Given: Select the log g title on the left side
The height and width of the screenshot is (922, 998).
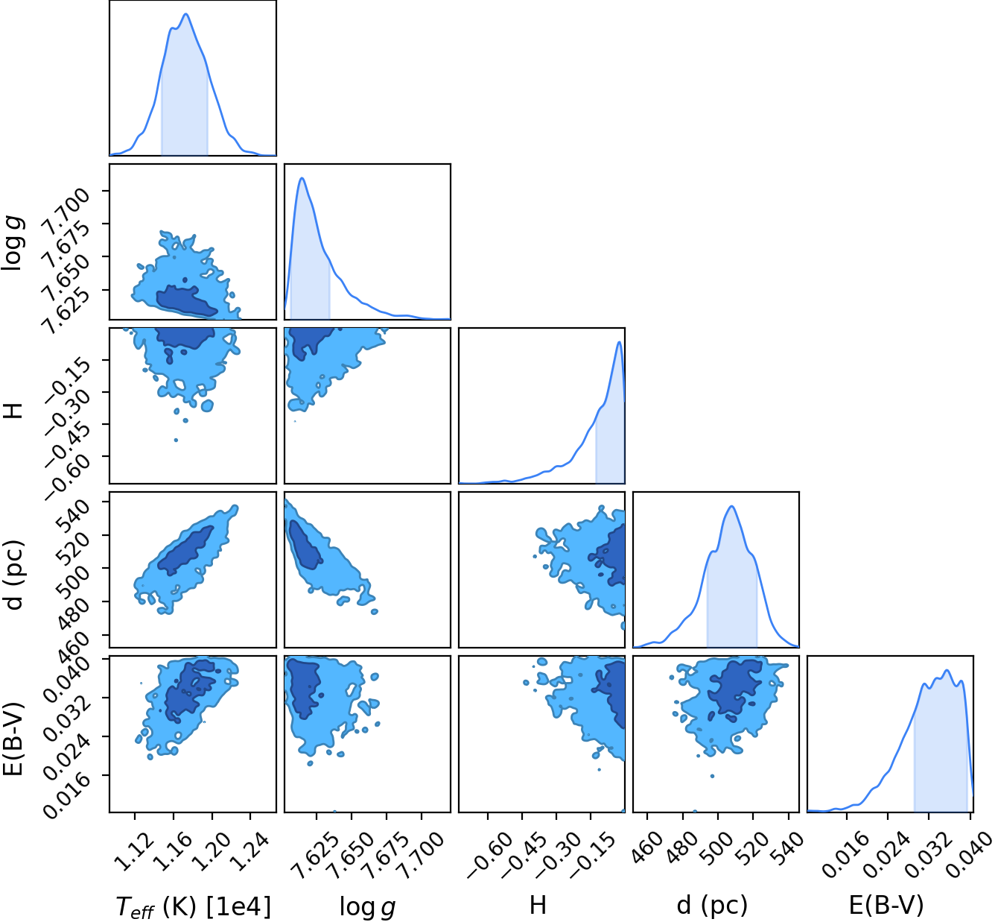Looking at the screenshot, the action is tap(13, 243).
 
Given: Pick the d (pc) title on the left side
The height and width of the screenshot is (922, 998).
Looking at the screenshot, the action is tap(13, 575).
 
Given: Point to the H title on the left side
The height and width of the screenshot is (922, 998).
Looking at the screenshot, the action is tap(13, 411).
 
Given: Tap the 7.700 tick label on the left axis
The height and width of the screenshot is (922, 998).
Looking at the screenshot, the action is tap(67, 209).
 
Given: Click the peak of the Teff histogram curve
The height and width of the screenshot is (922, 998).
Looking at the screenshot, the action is tap(186, 13).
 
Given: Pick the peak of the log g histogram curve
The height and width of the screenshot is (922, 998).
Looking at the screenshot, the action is tap(302, 177).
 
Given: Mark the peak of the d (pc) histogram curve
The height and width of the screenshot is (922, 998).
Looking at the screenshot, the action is tap(731, 506).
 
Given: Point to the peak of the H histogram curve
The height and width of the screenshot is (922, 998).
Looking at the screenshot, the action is tap(619, 342).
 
